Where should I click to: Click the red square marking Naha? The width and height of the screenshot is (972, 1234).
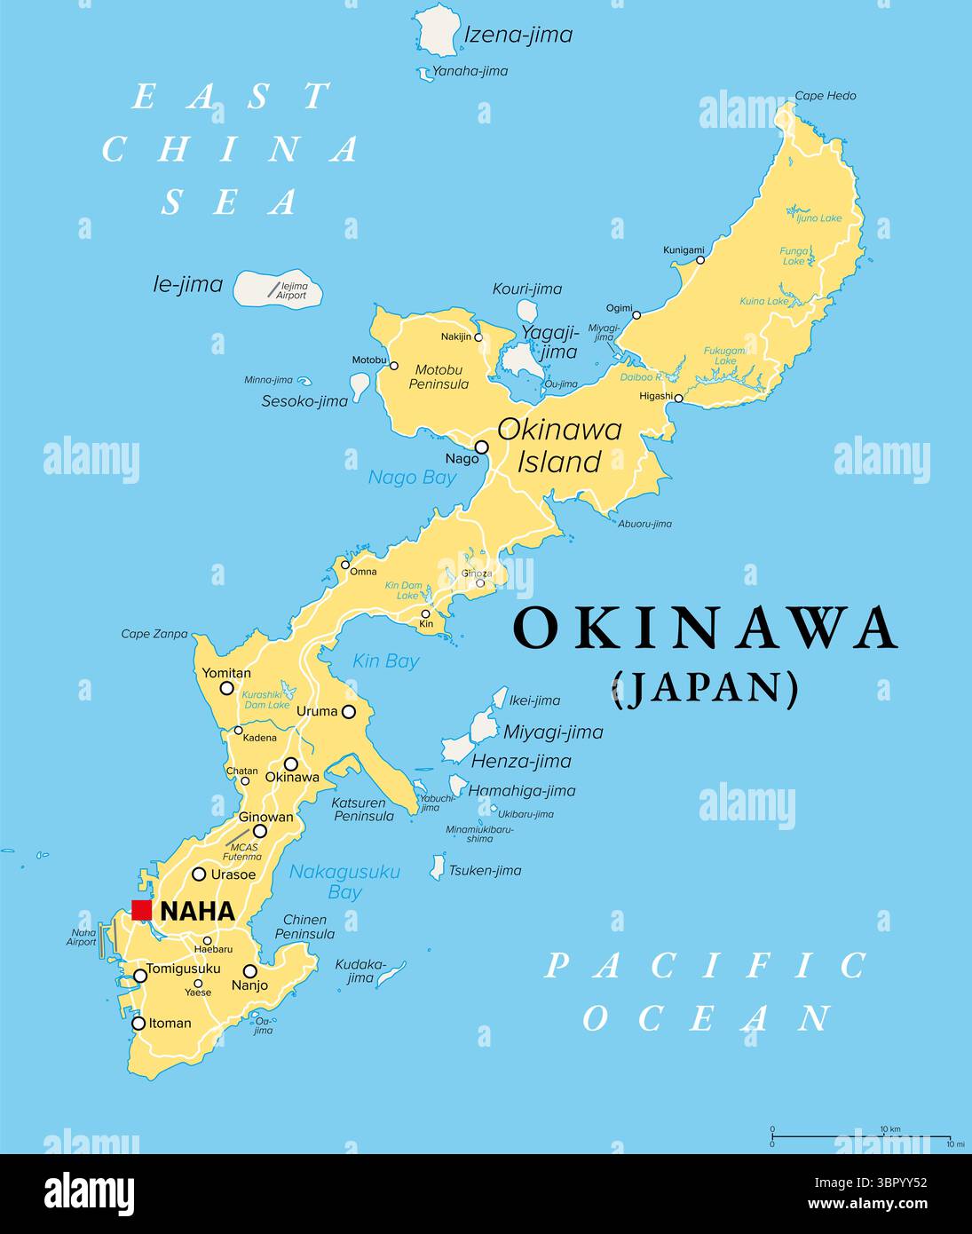click(x=141, y=910)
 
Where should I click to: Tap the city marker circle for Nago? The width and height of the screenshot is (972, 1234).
click(x=482, y=447)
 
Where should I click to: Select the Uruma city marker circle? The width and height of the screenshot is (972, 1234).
click(x=349, y=711)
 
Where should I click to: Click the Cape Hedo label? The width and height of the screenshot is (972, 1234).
click(x=826, y=96)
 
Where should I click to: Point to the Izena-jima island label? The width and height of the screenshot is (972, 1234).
click(x=518, y=36)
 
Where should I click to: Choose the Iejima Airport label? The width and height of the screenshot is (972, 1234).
click(x=293, y=290)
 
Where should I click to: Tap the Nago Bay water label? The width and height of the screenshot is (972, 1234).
click(x=412, y=478)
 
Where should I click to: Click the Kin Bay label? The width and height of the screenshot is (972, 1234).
click(x=385, y=661)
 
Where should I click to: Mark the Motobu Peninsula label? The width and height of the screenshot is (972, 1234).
click(x=439, y=377)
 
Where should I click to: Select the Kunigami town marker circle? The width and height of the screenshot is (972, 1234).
click(x=700, y=259)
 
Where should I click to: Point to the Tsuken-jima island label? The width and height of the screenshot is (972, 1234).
click(x=485, y=870)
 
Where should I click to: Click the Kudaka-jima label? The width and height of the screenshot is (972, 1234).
click(x=360, y=970)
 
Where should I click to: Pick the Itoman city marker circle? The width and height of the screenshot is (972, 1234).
click(x=138, y=1023)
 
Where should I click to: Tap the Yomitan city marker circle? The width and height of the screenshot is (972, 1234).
click(x=227, y=688)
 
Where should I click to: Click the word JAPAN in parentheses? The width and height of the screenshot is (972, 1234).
click(x=706, y=689)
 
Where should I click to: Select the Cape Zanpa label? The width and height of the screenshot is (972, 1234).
click(x=154, y=634)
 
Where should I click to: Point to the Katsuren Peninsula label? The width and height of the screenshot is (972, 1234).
click(x=363, y=809)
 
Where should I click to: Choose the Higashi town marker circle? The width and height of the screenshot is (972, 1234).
click(x=679, y=399)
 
